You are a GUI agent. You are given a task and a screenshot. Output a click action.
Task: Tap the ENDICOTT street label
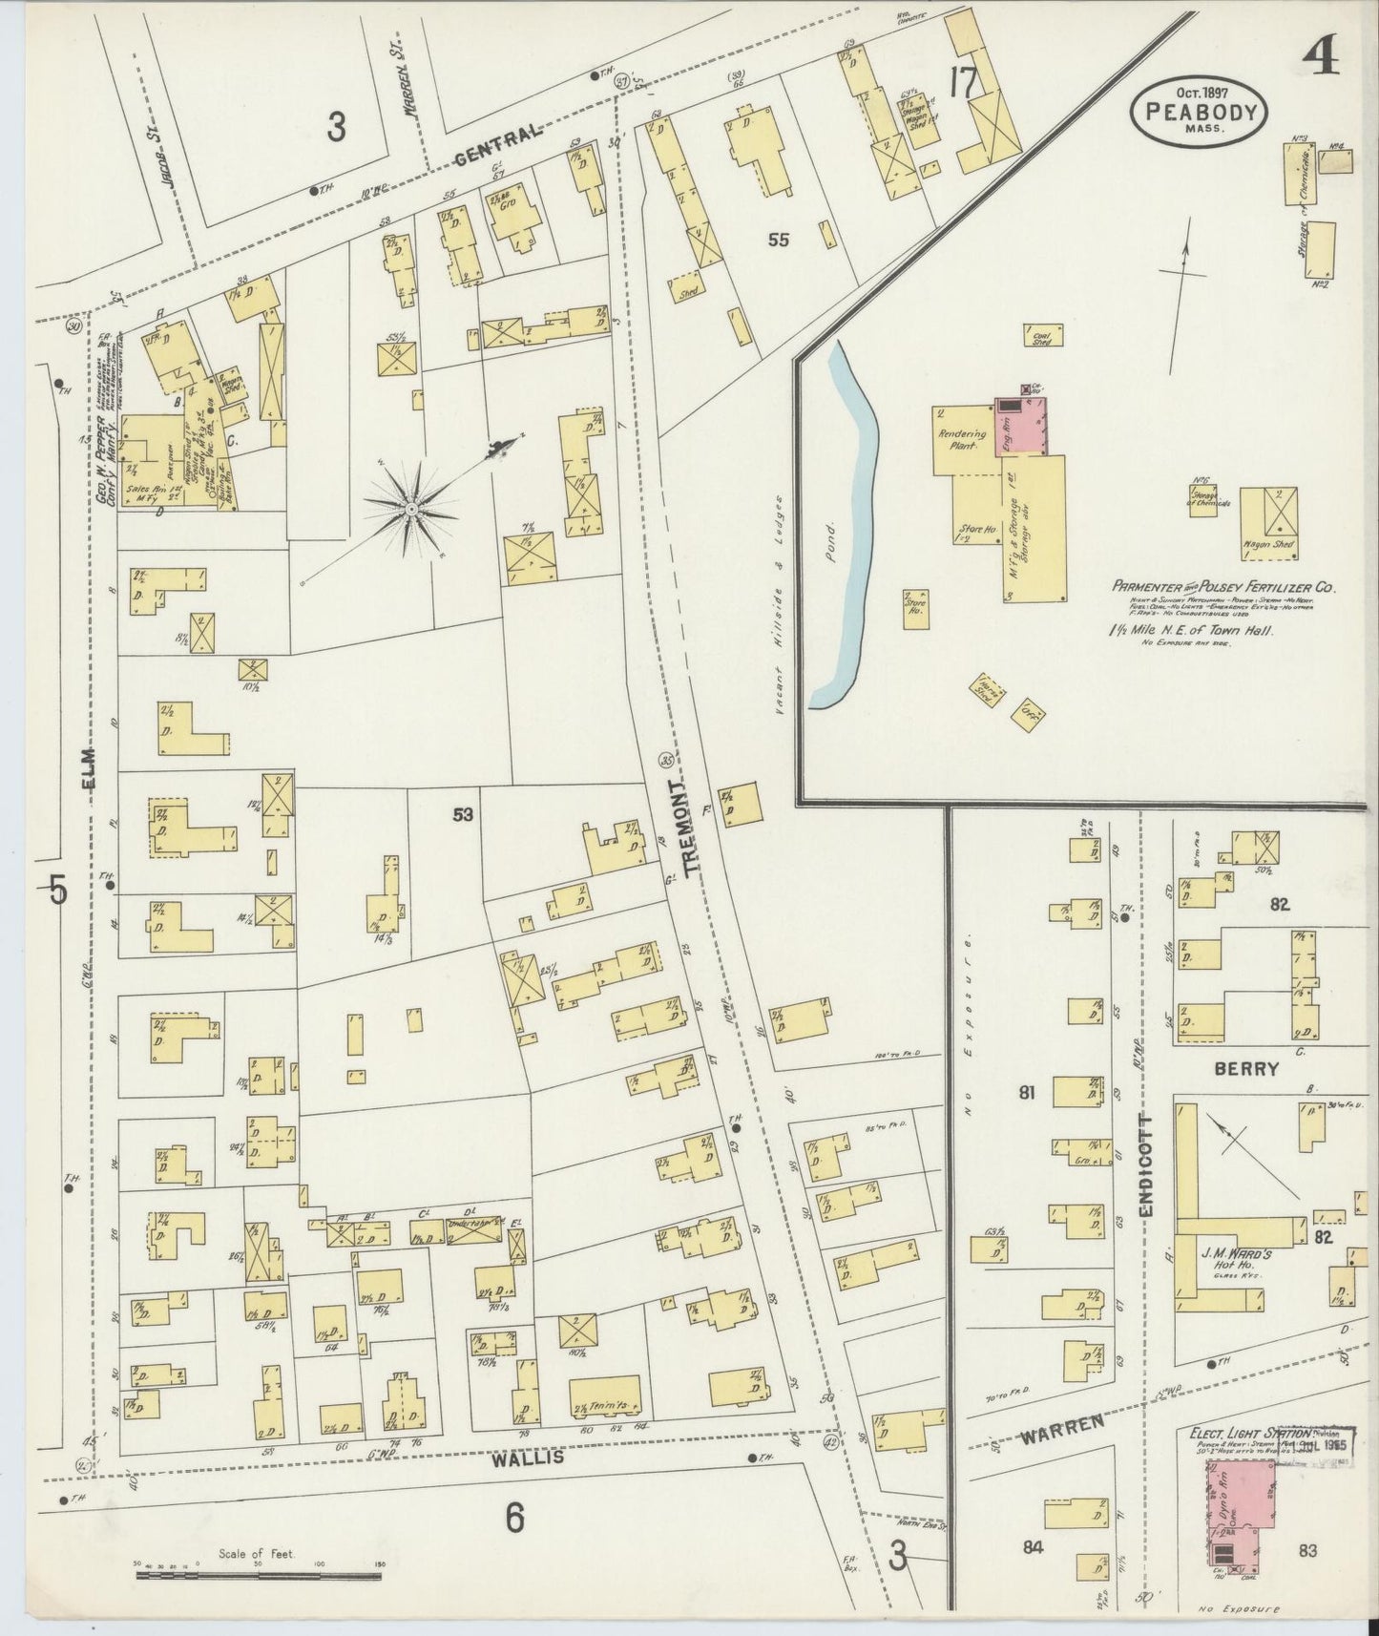(x=1147, y=1166)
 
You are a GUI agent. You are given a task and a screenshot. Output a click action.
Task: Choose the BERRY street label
(x=1245, y=1069)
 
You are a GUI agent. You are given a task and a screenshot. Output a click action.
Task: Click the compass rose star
(x=412, y=510)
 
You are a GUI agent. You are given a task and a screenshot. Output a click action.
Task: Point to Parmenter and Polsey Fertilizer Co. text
(x=1222, y=587)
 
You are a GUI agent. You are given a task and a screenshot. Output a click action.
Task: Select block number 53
(x=463, y=814)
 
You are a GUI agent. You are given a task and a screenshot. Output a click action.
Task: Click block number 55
(x=779, y=241)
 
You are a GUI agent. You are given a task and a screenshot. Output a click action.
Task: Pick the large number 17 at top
(x=964, y=84)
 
